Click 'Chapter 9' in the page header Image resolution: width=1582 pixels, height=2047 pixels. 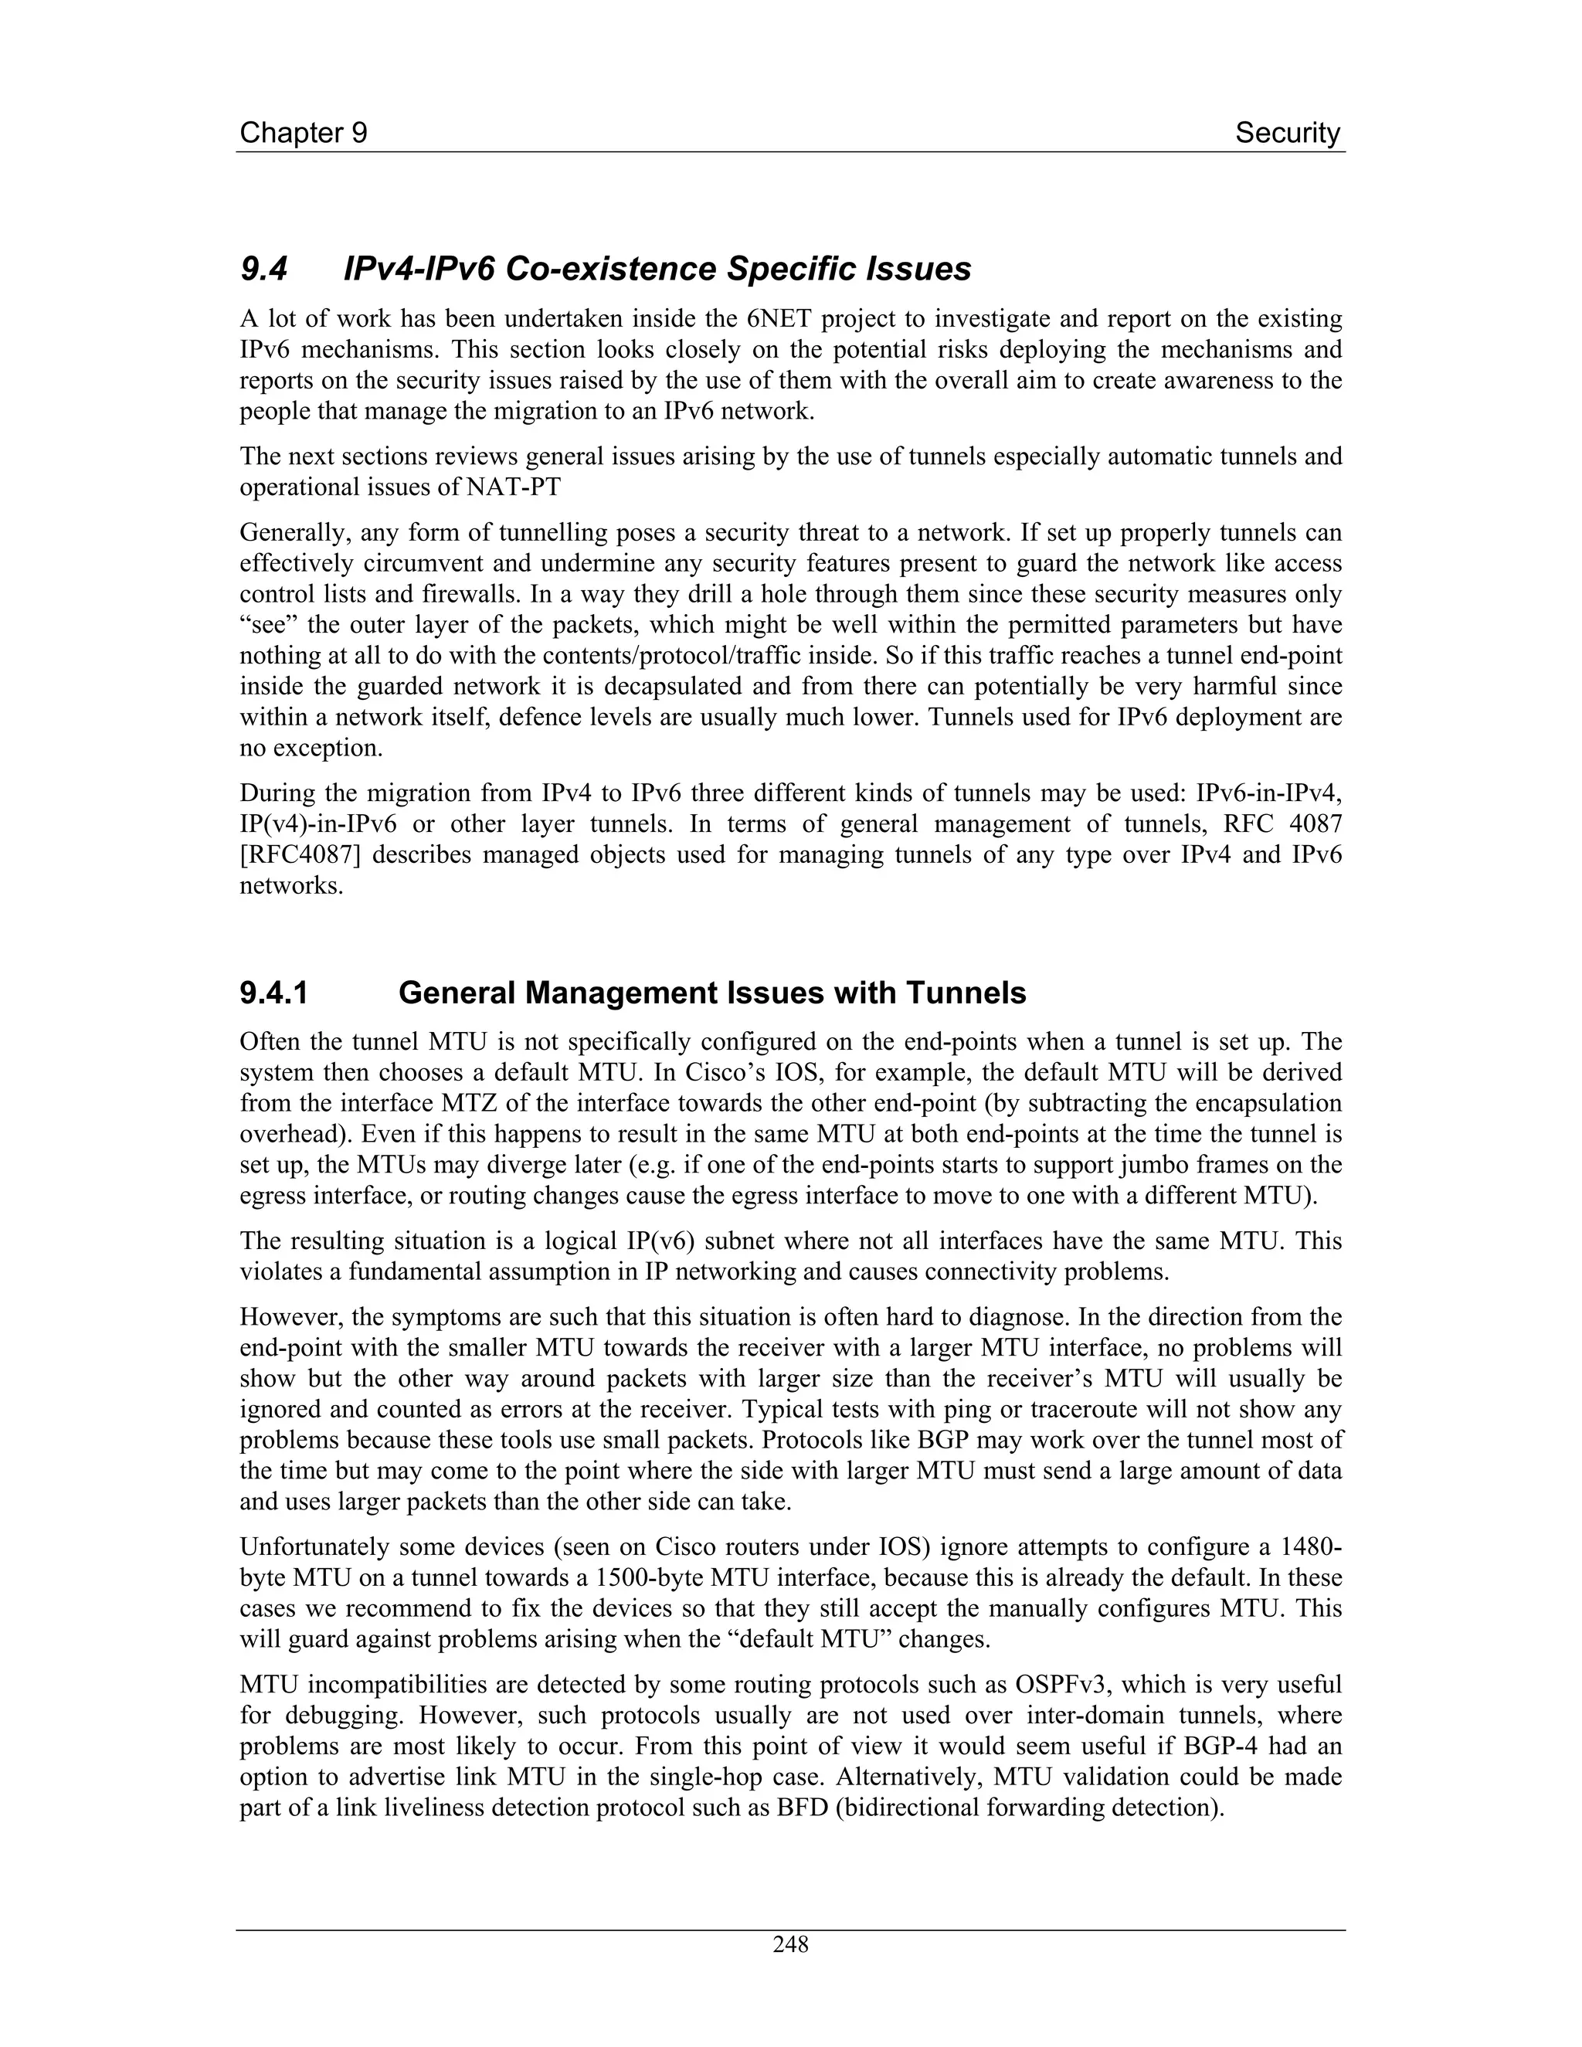pos(303,133)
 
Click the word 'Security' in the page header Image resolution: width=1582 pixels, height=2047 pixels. pos(1287,133)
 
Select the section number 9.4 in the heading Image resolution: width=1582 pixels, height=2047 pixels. pos(263,270)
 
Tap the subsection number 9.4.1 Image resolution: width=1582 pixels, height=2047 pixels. pos(273,993)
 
